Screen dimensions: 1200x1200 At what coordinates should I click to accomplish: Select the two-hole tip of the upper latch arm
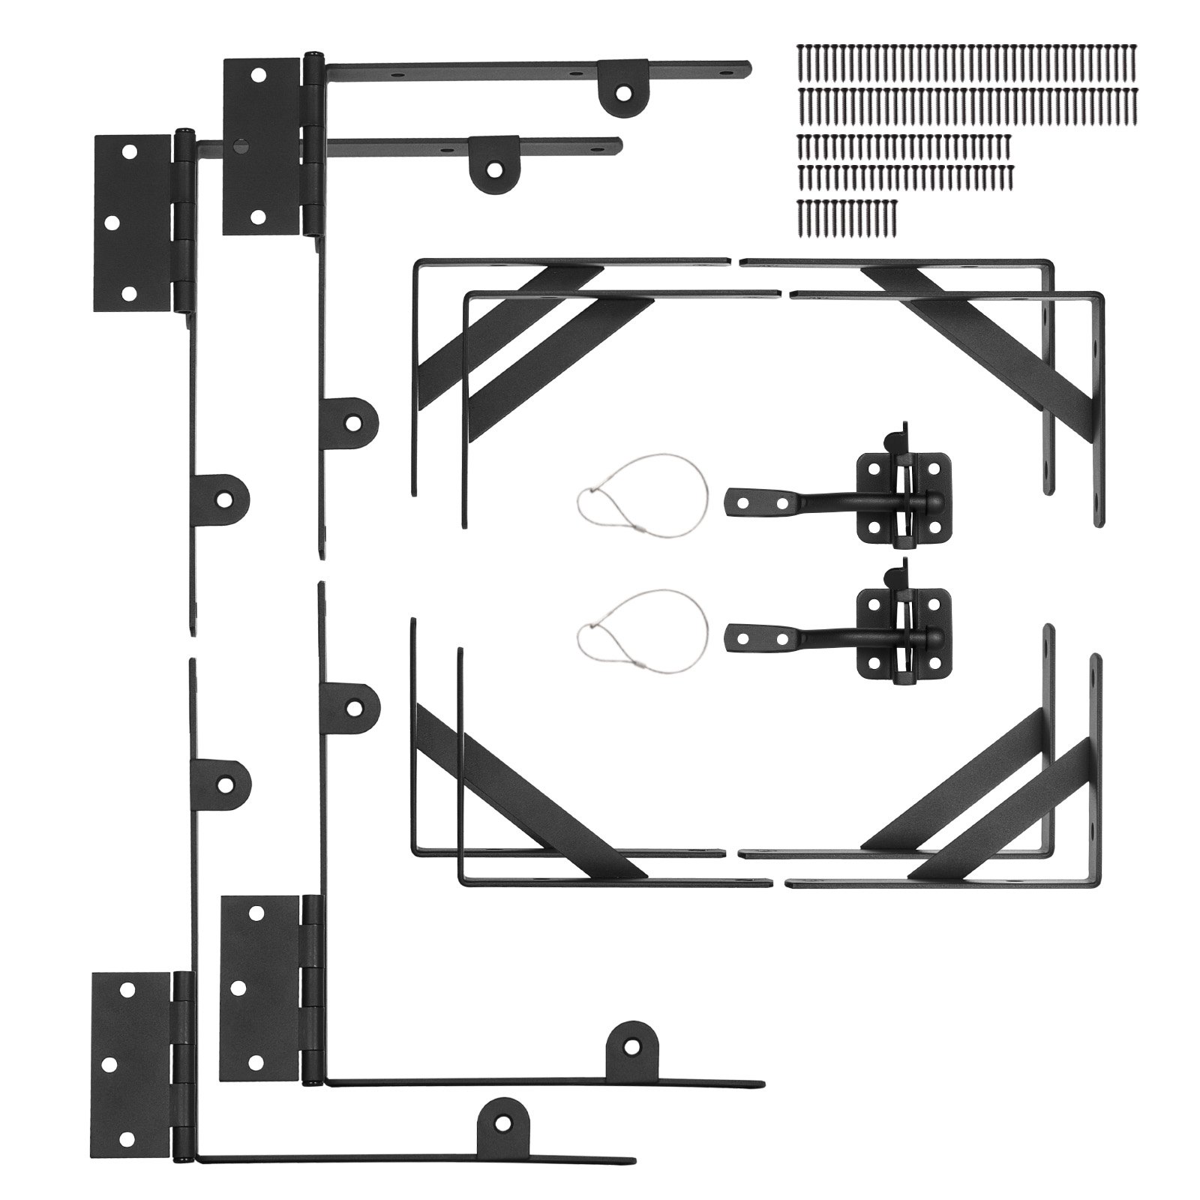coord(757,501)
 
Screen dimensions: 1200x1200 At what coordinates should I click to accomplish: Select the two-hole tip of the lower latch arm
coord(757,637)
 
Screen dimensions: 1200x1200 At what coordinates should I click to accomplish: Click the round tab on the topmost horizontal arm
coord(622,88)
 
